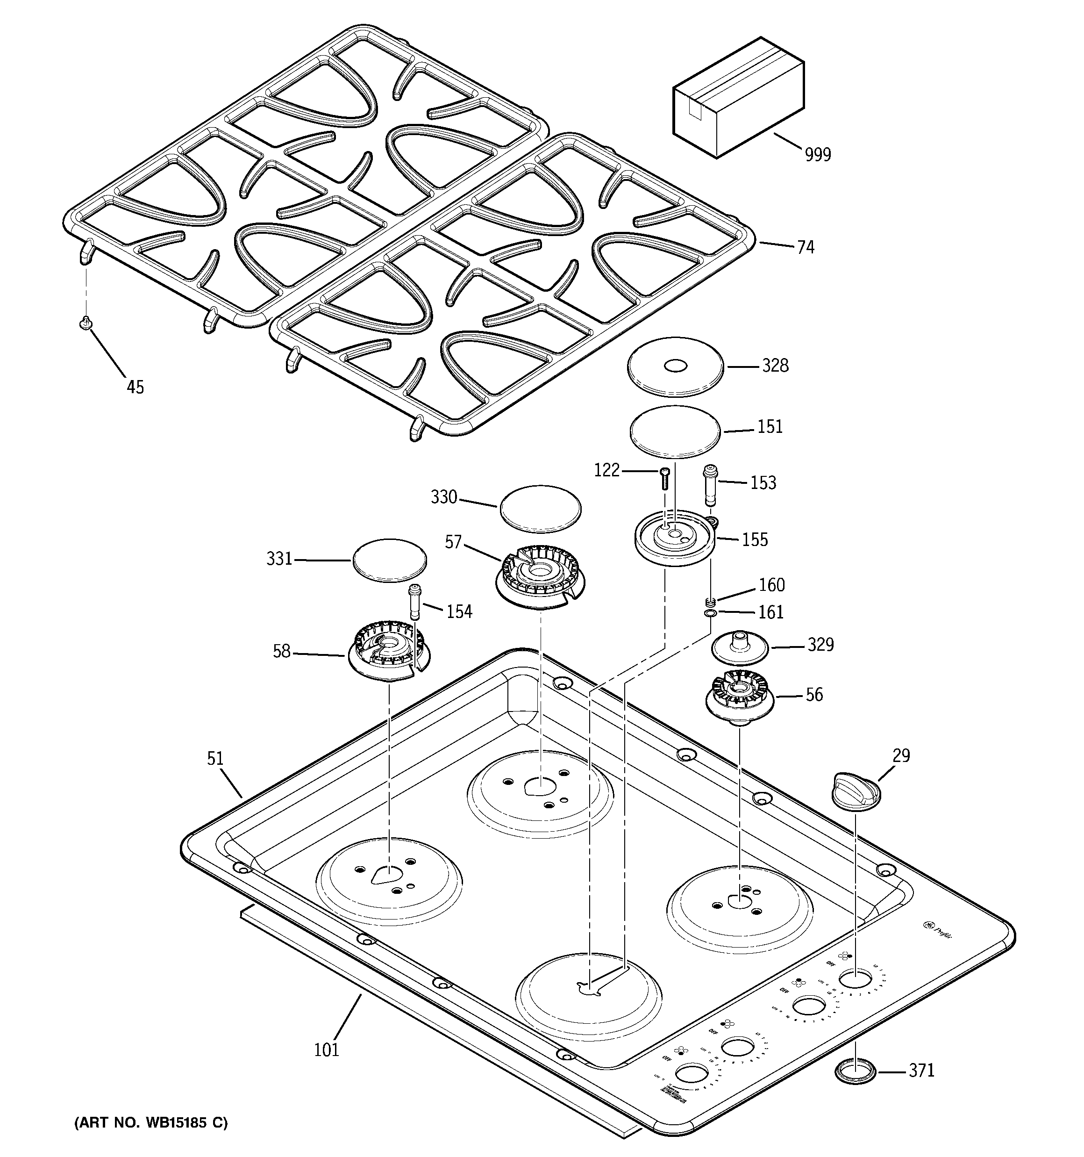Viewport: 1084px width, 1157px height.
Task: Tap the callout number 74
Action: pyautogui.click(x=805, y=247)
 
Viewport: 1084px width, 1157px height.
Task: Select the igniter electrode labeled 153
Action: pyautogui.click(x=710, y=485)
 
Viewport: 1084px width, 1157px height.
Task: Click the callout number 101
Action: pyautogui.click(x=327, y=1050)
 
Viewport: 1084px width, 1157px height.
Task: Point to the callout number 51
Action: pyautogui.click(x=215, y=758)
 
